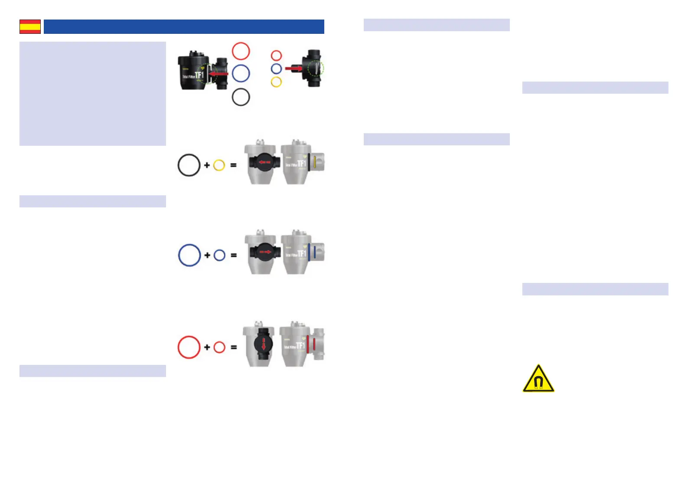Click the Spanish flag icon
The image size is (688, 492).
[x=30, y=26]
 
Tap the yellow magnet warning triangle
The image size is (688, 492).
[x=538, y=379]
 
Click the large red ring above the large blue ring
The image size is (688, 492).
[x=241, y=51]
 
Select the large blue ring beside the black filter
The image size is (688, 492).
[x=241, y=73]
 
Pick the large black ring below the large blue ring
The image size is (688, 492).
[x=241, y=97]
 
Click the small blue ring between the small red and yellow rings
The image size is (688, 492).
[x=276, y=69]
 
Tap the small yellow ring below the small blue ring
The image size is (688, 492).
[x=276, y=82]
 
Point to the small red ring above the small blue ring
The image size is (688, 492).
[x=276, y=56]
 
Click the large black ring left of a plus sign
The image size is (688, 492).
[x=189, y=165]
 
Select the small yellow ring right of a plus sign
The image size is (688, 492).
[x=219, y=165]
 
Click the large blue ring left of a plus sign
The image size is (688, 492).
[x=189, y=255]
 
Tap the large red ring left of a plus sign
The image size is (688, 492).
[x=189, y=347]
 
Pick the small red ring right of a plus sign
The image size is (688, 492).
[x=219, y=347]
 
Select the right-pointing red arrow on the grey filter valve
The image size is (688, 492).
[x=264, y=252]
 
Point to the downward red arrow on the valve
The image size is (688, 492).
[x=264, y=345]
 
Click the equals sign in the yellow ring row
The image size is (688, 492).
[x=233, y=165]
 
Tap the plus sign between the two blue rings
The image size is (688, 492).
[x=207, y=255]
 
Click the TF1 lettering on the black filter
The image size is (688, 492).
[x=199, y=75]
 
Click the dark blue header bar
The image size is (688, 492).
[x=184, y=26]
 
